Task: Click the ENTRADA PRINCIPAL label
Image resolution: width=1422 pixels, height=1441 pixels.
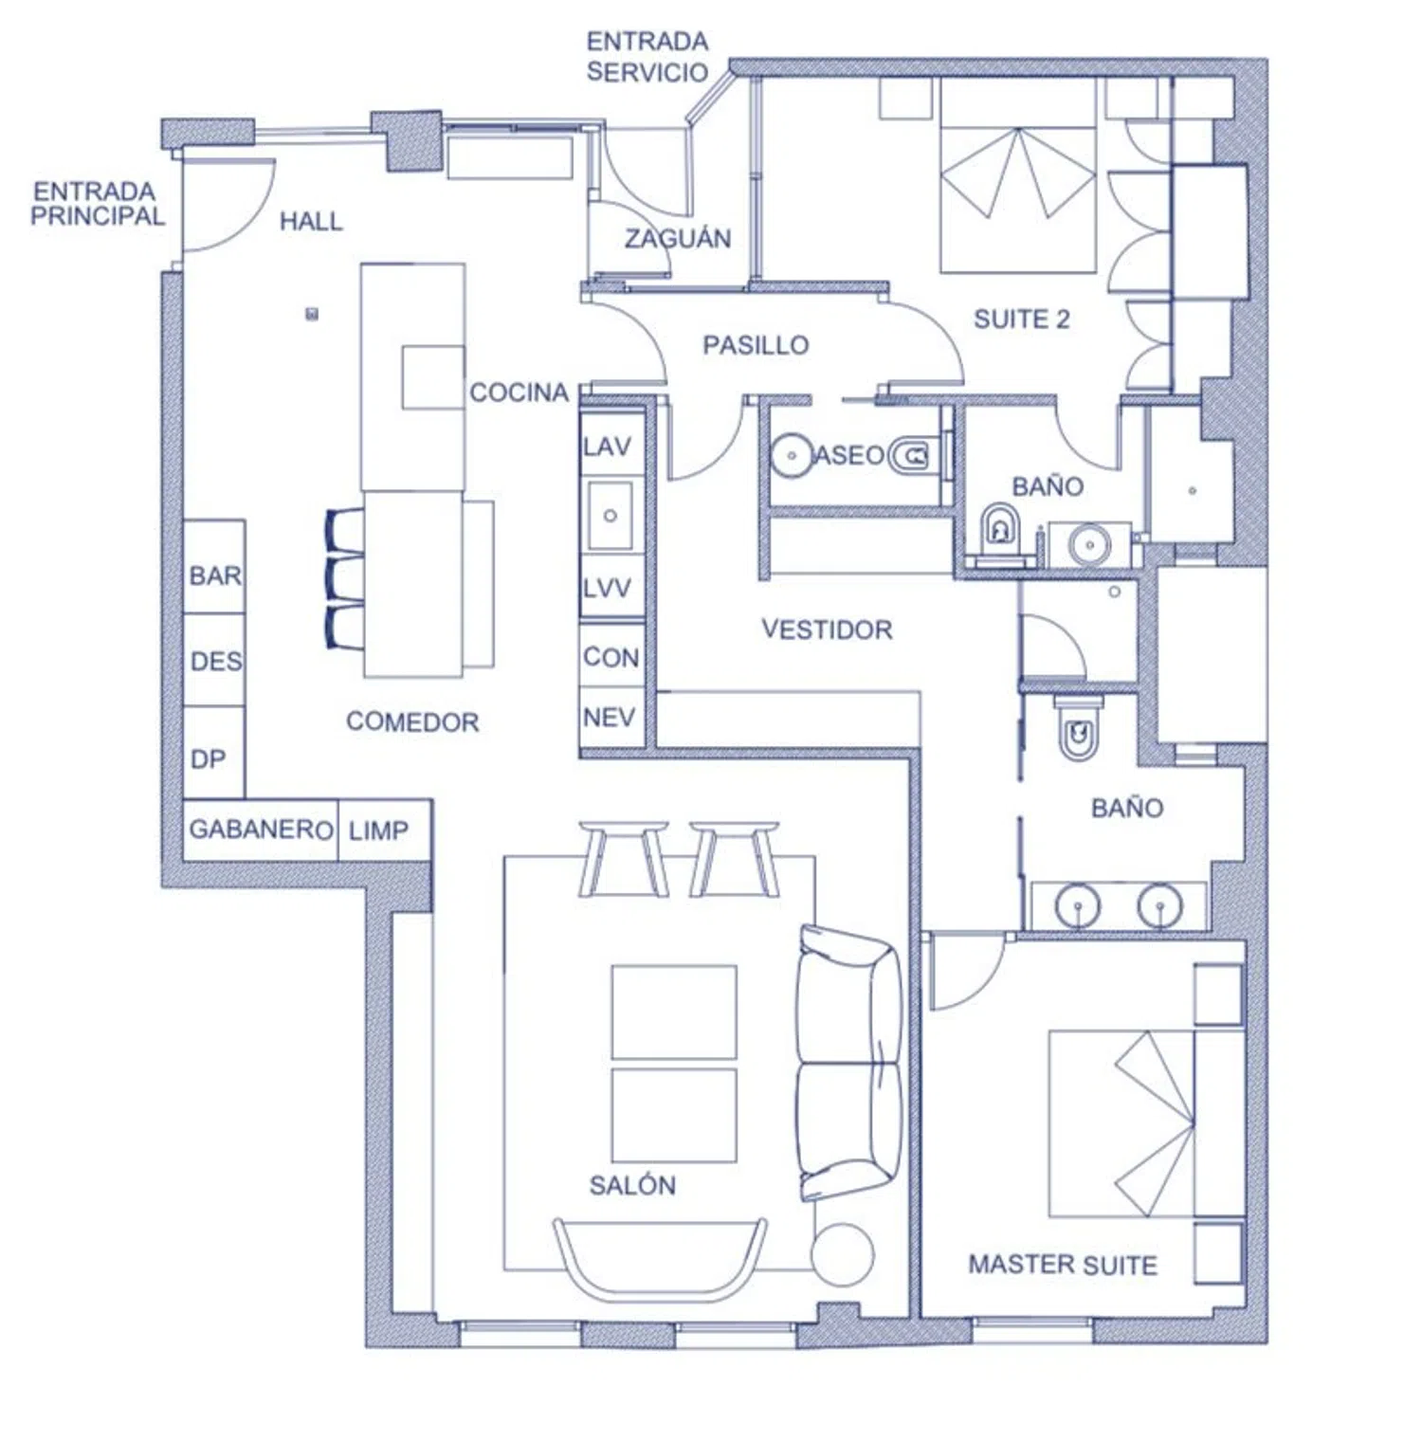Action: pyautogui.click(x=97, y=204)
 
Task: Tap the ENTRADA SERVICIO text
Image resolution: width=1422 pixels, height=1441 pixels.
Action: pyautogui.click(x=647, y=57)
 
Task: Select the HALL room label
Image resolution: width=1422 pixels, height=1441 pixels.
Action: pyautogui.click(x=311, y=222)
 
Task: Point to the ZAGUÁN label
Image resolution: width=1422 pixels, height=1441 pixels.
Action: pyautogui.click(x=678, y=238)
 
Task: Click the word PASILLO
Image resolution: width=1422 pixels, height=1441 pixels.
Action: pyautogui.click(x=756, y=345)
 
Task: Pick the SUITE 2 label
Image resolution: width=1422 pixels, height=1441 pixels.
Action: pyautogui.click(x=1022, y=319)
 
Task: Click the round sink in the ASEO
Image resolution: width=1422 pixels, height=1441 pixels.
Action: pyautogui.click(x=791, y=456)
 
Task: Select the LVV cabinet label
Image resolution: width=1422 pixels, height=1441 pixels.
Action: pyautogui.click(x=607, y=589)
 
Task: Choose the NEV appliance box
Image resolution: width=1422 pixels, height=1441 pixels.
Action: pyautogui.click(x=612, y=719)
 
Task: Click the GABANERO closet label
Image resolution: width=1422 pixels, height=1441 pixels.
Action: pyautogui.click(x=261, y=830)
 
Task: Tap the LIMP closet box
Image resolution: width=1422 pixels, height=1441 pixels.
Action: pyautogui.click(x=385, y=830)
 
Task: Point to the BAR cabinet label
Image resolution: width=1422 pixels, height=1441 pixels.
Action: pyautogui.click(x=215, y=575)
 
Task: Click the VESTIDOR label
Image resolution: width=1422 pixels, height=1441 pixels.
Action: pyautogui.click(x=827, y=629)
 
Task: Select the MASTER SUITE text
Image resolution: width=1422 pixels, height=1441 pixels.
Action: pyautogui.click(x=1063, y=1265)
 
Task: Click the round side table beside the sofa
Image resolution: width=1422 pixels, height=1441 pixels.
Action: pyautogui.click(x=842, y=1254)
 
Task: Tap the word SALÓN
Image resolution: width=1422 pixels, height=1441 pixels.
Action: pyautogui.click(x=632, y=1185)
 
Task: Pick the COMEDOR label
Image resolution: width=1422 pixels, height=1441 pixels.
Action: pyautogui.click(x=412, y=722)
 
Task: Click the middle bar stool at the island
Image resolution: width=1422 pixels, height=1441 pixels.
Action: pyautogui.click(x=345, y=578)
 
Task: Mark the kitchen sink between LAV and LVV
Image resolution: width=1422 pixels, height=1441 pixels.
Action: pyautogui.click(x=610, y=516)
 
